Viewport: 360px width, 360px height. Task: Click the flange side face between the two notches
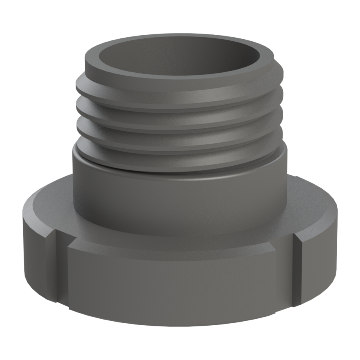(x=180, y=288)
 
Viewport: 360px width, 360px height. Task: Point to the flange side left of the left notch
(x=38, y=252)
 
